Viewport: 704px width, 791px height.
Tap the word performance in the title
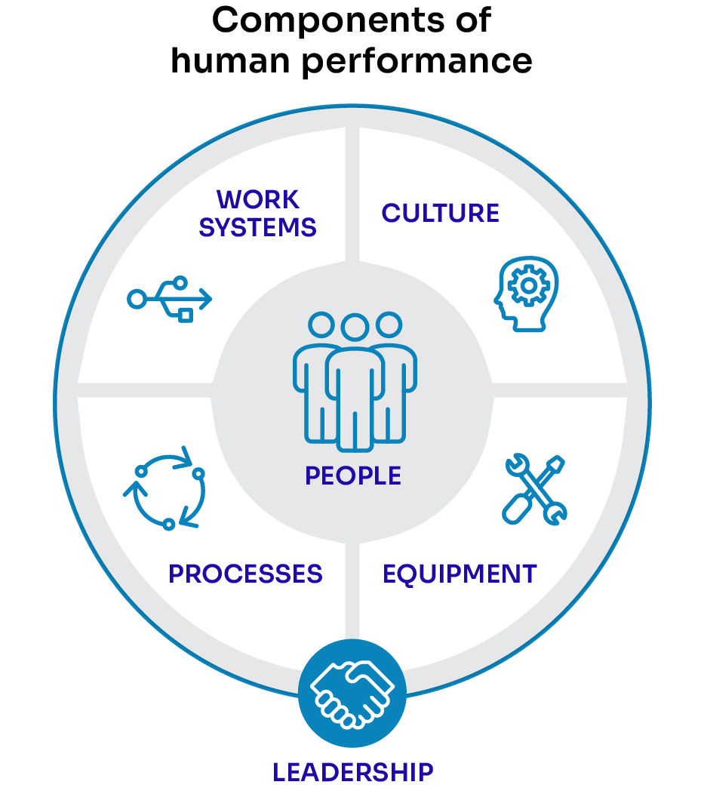[x=418, y=60]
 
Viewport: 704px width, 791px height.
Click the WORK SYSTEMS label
[x=257, y=214]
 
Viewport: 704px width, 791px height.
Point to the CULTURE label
[x=441, y=214]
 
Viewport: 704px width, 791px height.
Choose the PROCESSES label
[x=245, y=574]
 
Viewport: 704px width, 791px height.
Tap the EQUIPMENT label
[x=460, y=574]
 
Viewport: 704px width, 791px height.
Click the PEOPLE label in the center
[x=353, y=476]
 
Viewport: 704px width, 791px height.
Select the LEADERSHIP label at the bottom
[x=353, y=772]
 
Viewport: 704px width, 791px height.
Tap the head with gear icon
[x=526, y=294]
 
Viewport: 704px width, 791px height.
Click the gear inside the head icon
[x=526, y=285]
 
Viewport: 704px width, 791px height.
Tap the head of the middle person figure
[x=354, y=327]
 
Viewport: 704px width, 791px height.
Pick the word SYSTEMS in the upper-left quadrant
[x=257, y=227]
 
